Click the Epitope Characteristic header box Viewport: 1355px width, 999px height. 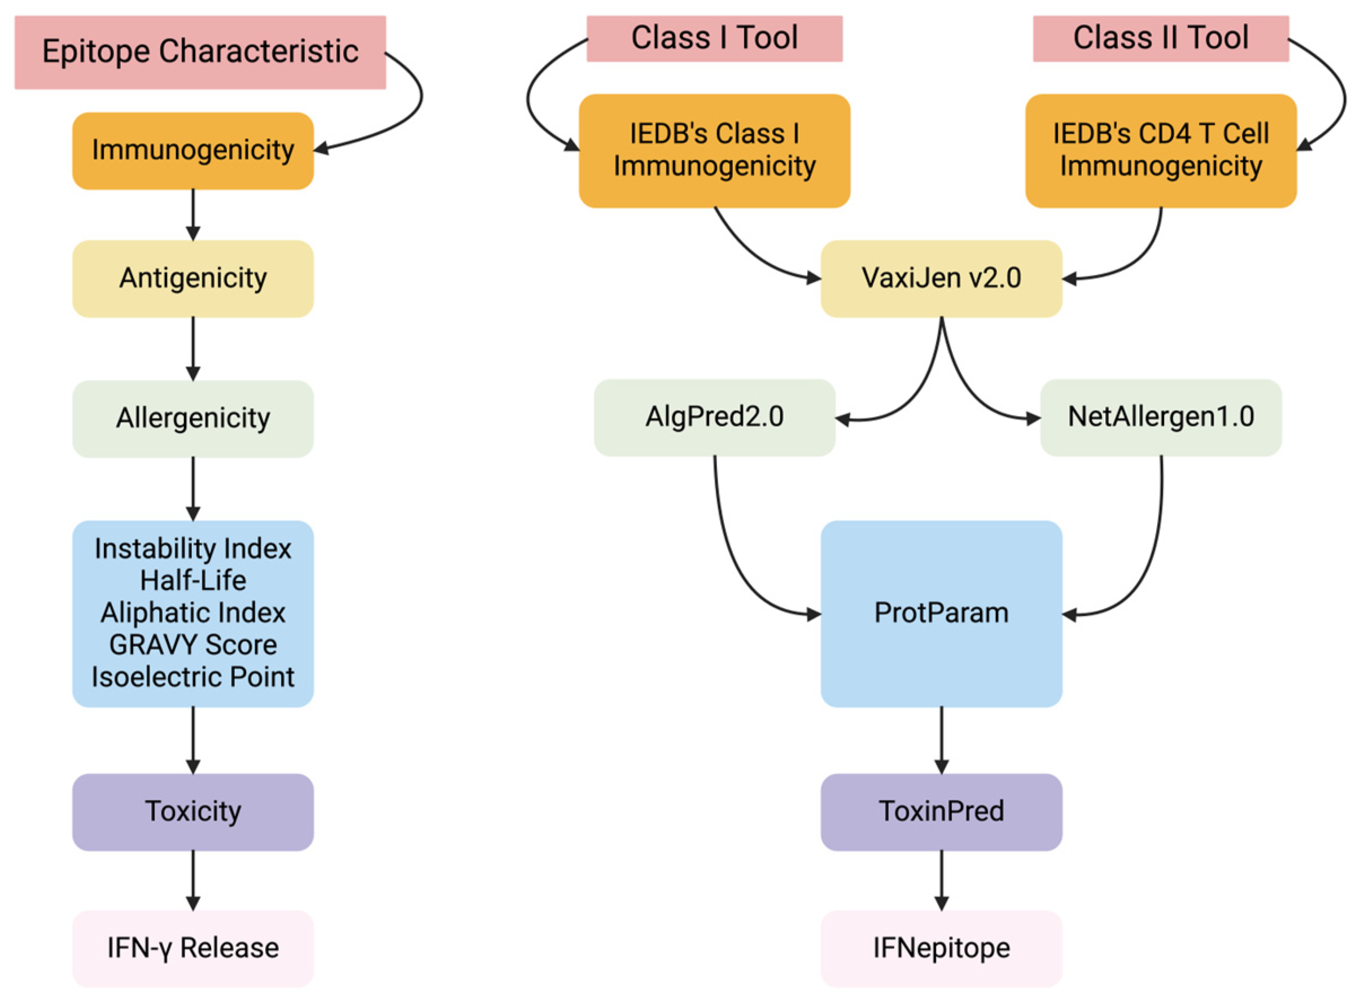[200, 52]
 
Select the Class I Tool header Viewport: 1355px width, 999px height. [714, 38]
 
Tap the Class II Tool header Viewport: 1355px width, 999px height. [1160, 38]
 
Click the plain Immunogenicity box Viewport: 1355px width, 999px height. [193, 150]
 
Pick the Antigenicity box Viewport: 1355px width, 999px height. [193, 278]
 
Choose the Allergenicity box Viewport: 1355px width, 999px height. [193, 418]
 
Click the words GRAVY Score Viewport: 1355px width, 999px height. [193, 645]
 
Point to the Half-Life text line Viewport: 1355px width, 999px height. [193, 581]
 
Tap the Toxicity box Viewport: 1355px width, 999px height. [193, 812]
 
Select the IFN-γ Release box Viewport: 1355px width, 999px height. [193, 948]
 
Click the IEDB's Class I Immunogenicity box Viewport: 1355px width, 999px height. [714, 150]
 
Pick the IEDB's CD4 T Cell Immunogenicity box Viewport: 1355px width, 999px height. [1160, 150]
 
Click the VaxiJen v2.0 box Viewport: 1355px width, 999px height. [941, 278]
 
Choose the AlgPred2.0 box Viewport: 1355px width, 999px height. [714, 417]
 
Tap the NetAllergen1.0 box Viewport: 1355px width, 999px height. [1160, 417]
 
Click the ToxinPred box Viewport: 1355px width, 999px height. [941, 812]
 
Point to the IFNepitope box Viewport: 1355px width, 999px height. [941, 948]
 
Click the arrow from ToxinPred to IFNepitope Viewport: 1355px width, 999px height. [941, 880]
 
